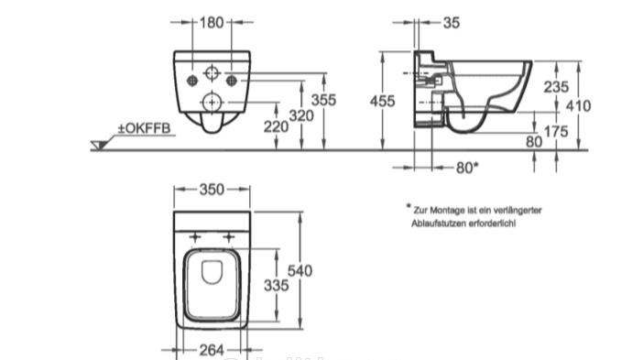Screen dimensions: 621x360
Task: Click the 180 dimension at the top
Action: [x=212, y=23]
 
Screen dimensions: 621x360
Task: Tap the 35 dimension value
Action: [x=452, y=23]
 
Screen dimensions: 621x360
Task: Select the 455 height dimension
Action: [x=382, y=102]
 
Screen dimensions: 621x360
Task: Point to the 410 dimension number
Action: [x=578, y=105]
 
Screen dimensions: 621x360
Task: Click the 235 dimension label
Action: [x=556, y=87]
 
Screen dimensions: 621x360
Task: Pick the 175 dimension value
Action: [x=556, y=132]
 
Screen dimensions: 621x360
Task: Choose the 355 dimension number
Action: [x=323, y=100]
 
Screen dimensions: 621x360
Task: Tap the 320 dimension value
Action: [x=301, y=116]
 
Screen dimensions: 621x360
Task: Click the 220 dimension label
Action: [x=276, y=126]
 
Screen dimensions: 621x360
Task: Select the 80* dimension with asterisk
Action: [x=467, y=168]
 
